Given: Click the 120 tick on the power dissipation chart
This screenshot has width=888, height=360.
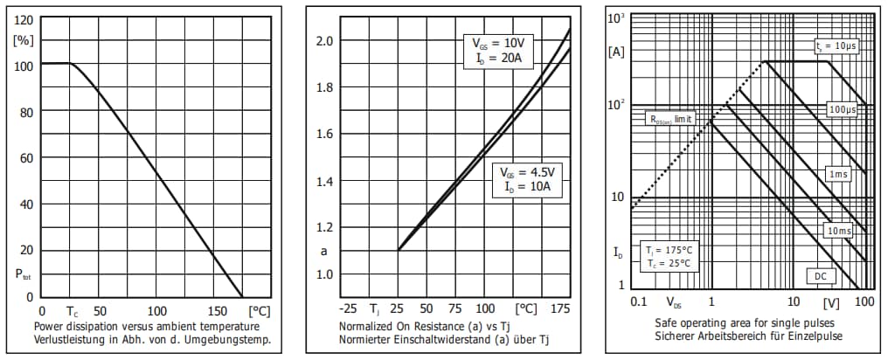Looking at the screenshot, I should pyautogui.click(x=24, y=19).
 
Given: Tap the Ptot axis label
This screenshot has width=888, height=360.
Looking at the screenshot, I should pyautogui.click(x=24, y=274).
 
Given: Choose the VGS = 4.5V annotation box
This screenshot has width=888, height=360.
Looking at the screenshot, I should pyautogui.click(x=525, y=177).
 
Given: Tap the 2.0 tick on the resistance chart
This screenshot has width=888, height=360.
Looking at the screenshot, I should pyautogui.click(x=325, y=41).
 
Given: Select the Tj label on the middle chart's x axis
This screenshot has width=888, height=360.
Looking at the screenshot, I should pyautogui.click(x=374, y=308).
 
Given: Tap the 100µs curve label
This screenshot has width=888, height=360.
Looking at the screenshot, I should pyautogui.click(x=843, y=110).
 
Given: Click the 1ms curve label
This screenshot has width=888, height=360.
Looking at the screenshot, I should pyautogui.click(x=837, y=175).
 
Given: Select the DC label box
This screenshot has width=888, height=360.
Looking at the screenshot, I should pyautogui.click(x=821, y=276).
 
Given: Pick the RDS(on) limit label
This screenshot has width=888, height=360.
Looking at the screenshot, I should pyautogui.click(x=669, y=118).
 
